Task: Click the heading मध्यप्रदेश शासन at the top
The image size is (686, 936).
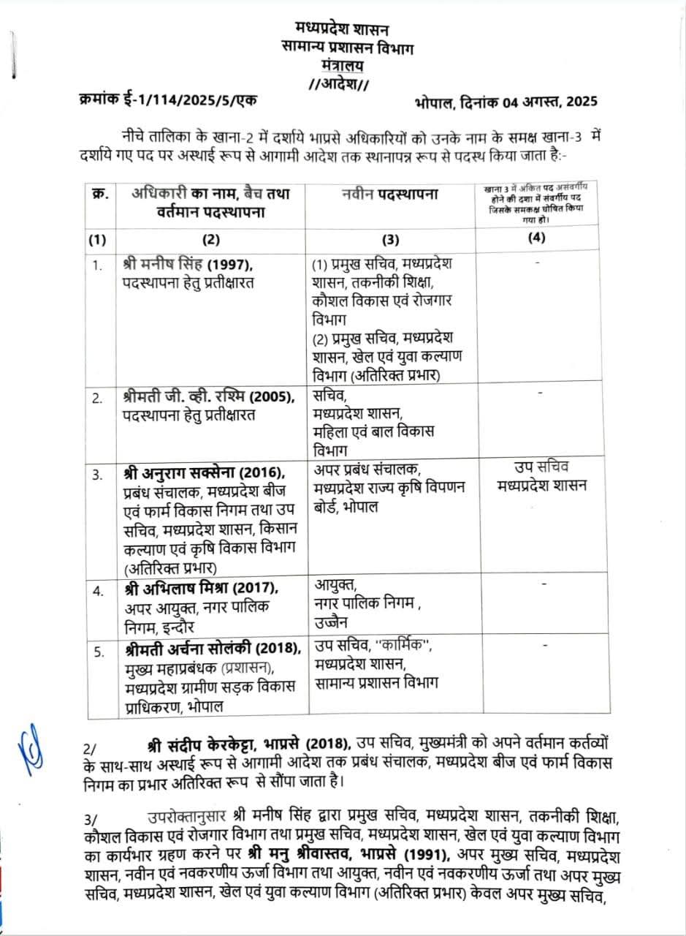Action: coord(343,30)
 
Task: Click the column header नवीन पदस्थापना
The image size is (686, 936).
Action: coord(389,194)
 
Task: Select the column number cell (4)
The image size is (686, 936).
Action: coord(537,237)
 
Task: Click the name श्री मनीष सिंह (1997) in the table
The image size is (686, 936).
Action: coord(188,265)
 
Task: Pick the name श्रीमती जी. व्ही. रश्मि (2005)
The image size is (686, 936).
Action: coord(208,397)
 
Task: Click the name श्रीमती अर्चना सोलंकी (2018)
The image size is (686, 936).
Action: coord(212,648)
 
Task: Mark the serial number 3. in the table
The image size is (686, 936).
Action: coord(97,475)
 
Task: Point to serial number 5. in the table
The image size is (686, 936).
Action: coord(97,649)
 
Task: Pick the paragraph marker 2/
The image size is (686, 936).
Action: coord(91,747)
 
